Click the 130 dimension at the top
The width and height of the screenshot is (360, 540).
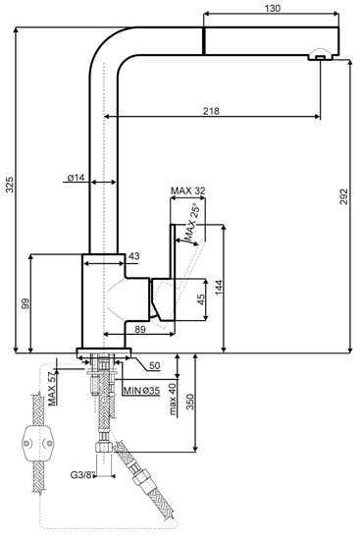(273, 8)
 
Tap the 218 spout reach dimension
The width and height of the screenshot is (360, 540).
(211, 111)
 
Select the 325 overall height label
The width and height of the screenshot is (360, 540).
(10, 185)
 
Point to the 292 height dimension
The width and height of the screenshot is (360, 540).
(344, 196)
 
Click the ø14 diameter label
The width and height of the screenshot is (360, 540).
(76, 178)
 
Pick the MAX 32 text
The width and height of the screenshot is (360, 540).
(188, 190)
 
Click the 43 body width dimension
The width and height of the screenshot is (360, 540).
(134, 256)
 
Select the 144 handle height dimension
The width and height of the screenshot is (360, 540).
(219, 288)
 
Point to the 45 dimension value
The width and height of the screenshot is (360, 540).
(201, 298)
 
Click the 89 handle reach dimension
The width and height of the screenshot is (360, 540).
(140, 329)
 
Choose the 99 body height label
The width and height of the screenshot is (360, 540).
(26, 303)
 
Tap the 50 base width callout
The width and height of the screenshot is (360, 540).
(155, 365)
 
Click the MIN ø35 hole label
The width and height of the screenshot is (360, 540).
(141, 391)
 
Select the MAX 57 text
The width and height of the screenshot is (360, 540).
(52, 389)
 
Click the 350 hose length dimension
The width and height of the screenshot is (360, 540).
(190, 402)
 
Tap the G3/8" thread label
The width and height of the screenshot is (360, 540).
(82, 475)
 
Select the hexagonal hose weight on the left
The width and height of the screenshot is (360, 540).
(38, 443)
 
